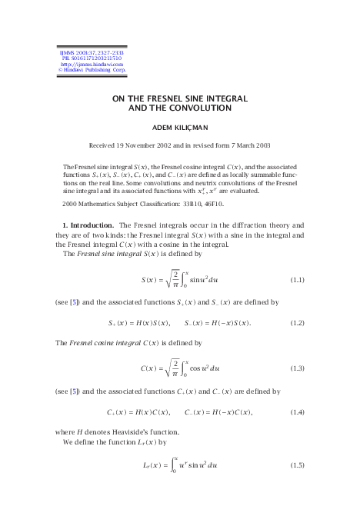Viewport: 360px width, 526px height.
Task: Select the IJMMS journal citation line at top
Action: (x=86, y=51)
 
